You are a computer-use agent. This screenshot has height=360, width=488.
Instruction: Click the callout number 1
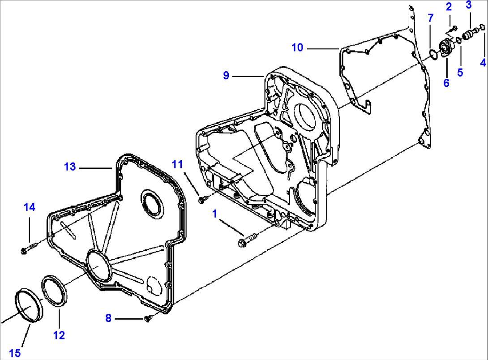coord(215,214)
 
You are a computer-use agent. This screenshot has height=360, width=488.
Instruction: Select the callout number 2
coord(449,6)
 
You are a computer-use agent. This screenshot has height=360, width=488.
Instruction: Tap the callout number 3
coord(468,5)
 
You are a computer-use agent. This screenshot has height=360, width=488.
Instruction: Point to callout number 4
coord(483,63)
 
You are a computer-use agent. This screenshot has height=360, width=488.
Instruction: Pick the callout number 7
coord(431,18)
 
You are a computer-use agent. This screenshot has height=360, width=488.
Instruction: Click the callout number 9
coord(227,76)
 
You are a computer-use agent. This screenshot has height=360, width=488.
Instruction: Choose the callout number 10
coord(297,47)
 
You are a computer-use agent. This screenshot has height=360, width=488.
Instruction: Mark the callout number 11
coord(178,164)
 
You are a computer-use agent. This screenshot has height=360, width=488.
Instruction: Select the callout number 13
coord(70,167)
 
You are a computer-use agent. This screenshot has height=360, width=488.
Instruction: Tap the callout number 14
coord(29,207)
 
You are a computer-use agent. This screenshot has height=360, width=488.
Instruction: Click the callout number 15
coord(15,353)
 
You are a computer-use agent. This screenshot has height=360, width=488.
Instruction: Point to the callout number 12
coord(59,334)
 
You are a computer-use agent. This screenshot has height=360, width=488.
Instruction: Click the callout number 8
coord(108,318)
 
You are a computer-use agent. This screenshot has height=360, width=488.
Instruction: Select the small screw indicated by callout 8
coord(149,317)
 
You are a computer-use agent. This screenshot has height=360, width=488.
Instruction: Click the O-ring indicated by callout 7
coord(432,55)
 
